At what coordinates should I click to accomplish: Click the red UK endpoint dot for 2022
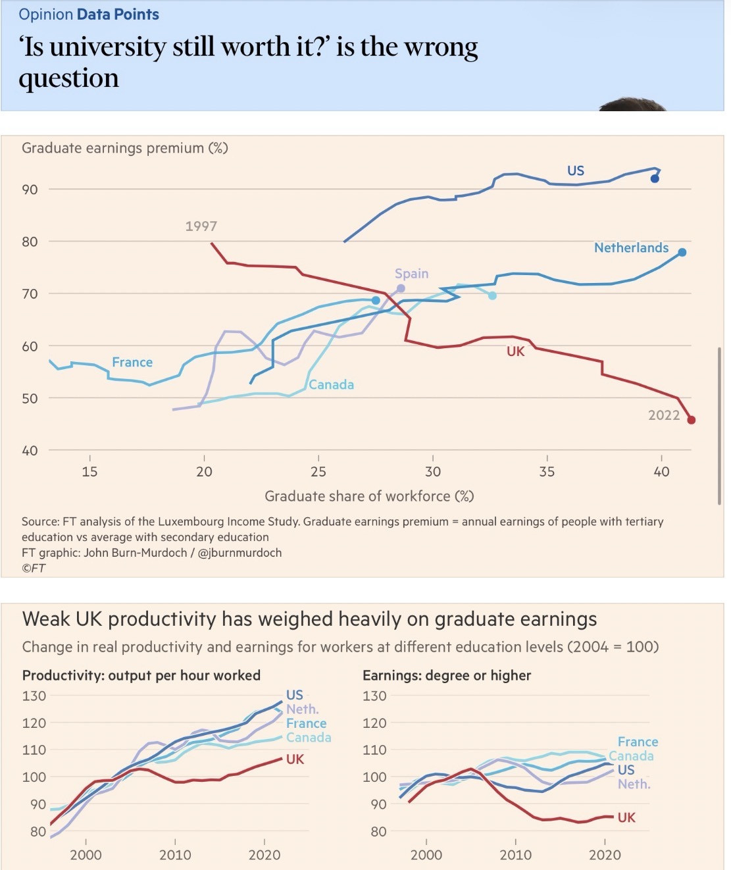pyautogui.click(x=691, y=420)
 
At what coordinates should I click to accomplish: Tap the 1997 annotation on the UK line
pyautogui.click(x=201, y=226)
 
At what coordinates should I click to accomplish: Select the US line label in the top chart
pyautogui.click(x=576, y=170)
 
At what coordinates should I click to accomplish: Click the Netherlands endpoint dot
pyautogui.click(x=682, y=252)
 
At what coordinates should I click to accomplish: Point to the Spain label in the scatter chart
pyautogui.click(x=411, y=274)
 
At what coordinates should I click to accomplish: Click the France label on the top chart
pyautogui.click(x=132, y=363)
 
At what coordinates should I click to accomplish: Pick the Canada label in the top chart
pyautogui.click(x=332, y=385)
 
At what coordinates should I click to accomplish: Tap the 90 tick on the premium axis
pyautogui.click(x=30, y=190)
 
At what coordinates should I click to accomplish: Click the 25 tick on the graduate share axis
pyautogui.click(x=318, y=471)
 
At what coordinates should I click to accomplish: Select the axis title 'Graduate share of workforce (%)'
pyautogui.click(x=369, y=496)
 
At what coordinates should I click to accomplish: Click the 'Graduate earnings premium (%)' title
pyautogui.click(x=125, y=148)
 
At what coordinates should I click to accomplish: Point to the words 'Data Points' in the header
pyautogui.click(x=118, y=14)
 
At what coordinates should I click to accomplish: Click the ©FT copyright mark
pyautogui.click(x=34, y=568)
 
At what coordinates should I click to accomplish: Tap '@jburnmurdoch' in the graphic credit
pyautogui.click(x=239, y=553)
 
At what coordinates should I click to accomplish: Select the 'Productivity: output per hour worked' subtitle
pyautogui.click(x=141, y=675)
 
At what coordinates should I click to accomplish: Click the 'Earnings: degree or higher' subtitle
pyautogui.click(x=447, y=675)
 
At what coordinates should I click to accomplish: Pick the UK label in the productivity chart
pyautogui.click(x=295, y=759)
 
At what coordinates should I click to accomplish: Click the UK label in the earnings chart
pyautogui.click(x=626, y=817)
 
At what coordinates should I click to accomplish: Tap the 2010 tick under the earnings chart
pyautogui.click(x=515, y=855)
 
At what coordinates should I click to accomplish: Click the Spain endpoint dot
pyautogui.click(x=401, y=288)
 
